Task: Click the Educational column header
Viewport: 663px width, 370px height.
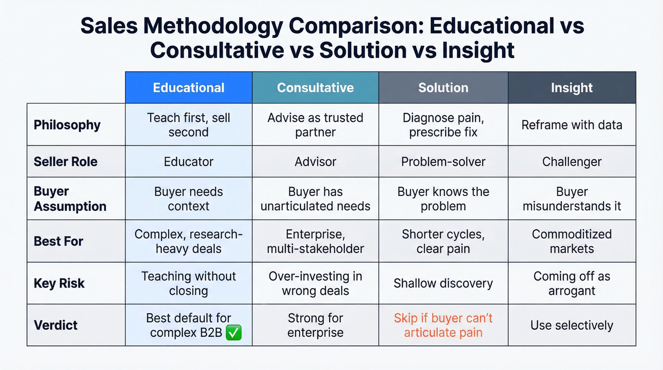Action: tap(188, 88)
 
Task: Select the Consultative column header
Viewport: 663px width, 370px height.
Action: tap(315, 88)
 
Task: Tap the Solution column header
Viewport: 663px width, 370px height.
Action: tap(443, 88)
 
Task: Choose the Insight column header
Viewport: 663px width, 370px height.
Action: tap(572, 88)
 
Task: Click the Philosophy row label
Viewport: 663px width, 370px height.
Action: tap(67, 125)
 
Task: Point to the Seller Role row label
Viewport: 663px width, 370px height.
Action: tap(65, 162)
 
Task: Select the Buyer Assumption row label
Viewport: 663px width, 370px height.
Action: tap(70, 199)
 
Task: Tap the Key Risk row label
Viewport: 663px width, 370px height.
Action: tap(59, 283)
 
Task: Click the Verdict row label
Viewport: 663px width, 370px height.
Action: tap(56, 325)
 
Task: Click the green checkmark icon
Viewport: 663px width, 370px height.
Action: tap(234, 333)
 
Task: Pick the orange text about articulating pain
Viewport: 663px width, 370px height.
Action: tap(443, 325)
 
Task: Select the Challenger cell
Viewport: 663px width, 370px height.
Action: tap(572, 162)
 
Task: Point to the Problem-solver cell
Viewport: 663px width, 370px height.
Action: tap(443, 162)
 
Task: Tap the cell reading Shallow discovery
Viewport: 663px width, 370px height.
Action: tap(443, 283)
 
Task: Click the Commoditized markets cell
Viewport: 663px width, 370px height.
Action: tap(572, 241)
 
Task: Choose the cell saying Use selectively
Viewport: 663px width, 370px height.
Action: tap(572, 325)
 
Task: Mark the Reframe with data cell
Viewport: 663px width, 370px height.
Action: tap(572, 125)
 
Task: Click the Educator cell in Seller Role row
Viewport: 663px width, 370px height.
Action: tap(188, 162)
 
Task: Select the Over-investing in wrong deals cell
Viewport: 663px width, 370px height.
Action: tap(315, 283)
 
